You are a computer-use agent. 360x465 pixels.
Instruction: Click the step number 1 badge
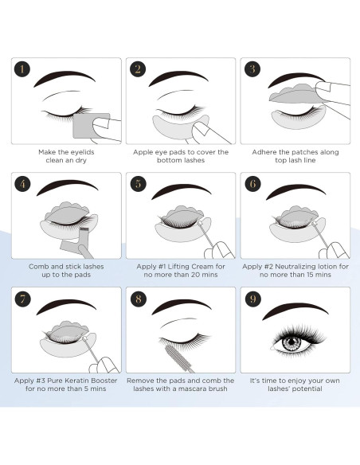point(23,69)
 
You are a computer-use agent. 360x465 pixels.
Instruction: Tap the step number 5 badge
point(138,184)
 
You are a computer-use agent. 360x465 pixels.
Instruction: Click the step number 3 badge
point(252,69)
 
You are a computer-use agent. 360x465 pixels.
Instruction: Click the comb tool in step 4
point(84,234)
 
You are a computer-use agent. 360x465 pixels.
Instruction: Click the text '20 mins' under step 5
point(202,275)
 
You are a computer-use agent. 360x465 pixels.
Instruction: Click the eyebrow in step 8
point(179,311)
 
